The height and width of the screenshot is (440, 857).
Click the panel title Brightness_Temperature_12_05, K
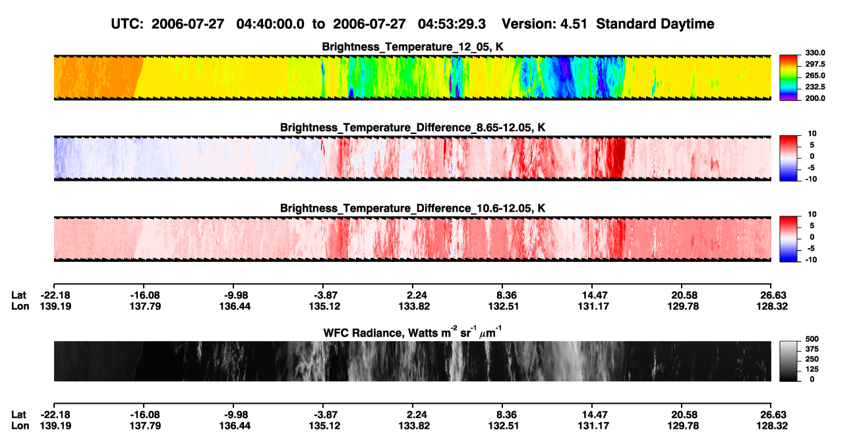(413, 47)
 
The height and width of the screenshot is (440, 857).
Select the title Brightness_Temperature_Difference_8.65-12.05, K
(413, 127)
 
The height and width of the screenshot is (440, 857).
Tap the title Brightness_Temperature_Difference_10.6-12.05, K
(413, 208)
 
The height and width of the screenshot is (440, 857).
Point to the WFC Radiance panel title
(413, 332)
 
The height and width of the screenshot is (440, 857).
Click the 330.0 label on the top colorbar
(815, 53)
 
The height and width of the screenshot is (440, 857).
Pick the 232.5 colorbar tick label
(815, 87)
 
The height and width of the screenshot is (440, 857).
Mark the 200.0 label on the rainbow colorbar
(815, 98)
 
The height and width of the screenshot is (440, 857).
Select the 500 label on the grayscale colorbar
(812, 339)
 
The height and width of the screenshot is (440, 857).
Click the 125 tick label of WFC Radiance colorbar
(812, 369)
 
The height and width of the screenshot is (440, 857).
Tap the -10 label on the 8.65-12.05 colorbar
(810, 179)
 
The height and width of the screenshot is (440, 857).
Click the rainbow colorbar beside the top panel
(788, 78)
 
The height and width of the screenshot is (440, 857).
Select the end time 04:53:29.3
(452, 24)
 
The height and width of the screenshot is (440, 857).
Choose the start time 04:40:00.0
(270, 24)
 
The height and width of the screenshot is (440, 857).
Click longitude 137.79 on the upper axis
(145, 306)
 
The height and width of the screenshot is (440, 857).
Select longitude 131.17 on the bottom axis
(593, 426)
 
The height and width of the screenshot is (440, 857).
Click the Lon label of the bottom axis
(20, 426)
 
